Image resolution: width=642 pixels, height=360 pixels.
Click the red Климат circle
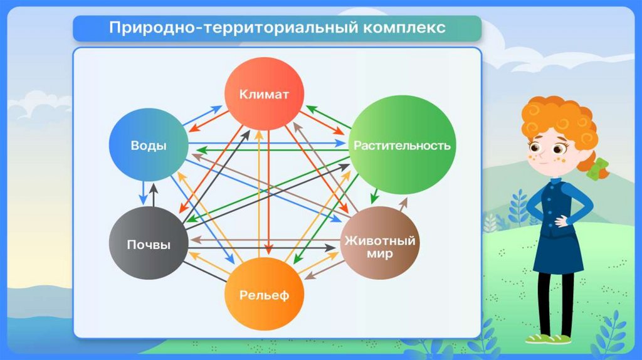pos(265,95)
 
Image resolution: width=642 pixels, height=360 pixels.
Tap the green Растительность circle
pos(402,146)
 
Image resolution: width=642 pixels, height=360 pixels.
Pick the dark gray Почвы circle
pos(149,244)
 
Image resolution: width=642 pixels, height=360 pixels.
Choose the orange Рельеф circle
pos(264,295)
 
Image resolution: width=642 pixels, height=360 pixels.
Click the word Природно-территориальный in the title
pos(226,28)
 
